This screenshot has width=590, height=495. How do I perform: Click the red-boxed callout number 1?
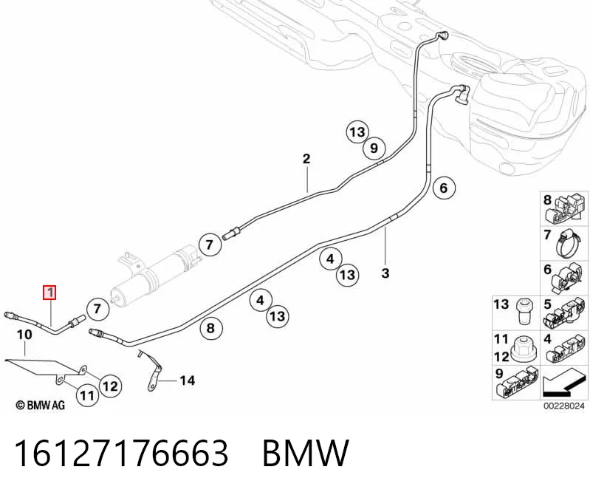point(49,293)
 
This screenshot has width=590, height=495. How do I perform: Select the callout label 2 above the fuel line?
point(306,159)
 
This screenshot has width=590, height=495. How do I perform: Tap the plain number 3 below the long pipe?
point(385,273)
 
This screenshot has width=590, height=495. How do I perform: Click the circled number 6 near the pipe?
point(444,188)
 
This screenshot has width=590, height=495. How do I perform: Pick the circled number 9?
point(374,148)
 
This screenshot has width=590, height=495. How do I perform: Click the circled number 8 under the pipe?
point(210,328)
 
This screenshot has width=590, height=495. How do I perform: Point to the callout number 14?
point(187,380)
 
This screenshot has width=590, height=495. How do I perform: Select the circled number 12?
point(110,386)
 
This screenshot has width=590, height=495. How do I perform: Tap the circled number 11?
point(87,395)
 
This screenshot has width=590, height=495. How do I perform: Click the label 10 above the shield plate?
point(25,335)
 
